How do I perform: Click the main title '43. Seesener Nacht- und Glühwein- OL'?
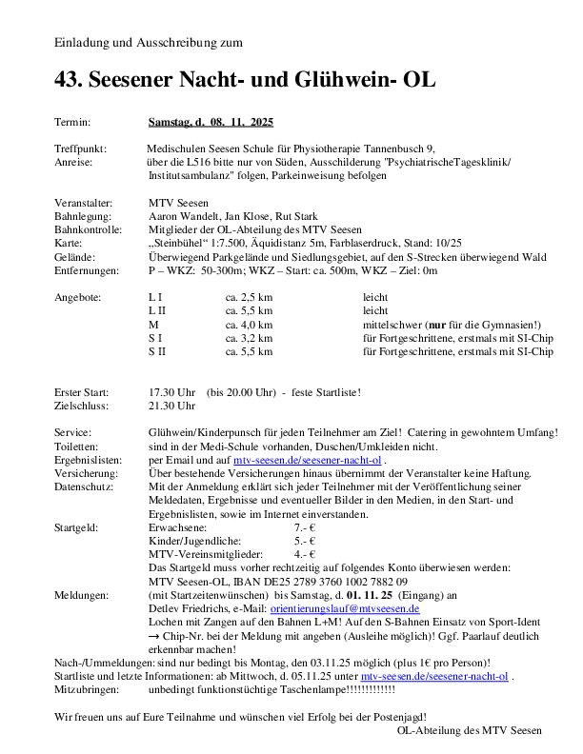click(x=245, y=81)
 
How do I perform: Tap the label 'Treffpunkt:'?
click(x=81, y=149)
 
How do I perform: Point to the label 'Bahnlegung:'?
click(x=83, y=217)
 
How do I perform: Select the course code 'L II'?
click(x=157, y=311)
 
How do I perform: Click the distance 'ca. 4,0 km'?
click(x=249, y=325)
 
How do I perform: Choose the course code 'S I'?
click(x=155, y=338)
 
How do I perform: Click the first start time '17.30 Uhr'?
click(x=172, y=392)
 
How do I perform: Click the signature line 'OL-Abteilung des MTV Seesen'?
click(x=469, y=730)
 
